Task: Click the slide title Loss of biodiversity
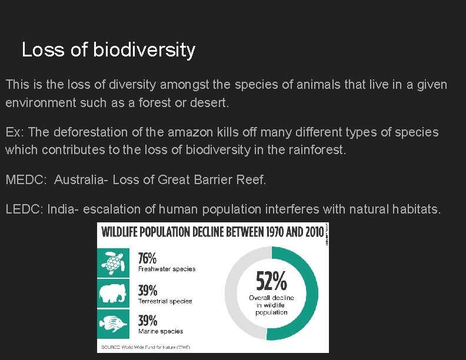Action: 108,50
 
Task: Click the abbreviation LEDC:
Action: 24,208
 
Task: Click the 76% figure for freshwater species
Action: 148,259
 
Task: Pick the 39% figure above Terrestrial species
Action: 148,290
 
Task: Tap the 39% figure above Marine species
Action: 148,321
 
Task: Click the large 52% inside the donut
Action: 271,281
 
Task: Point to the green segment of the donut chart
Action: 309,294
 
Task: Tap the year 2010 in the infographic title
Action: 314,231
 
